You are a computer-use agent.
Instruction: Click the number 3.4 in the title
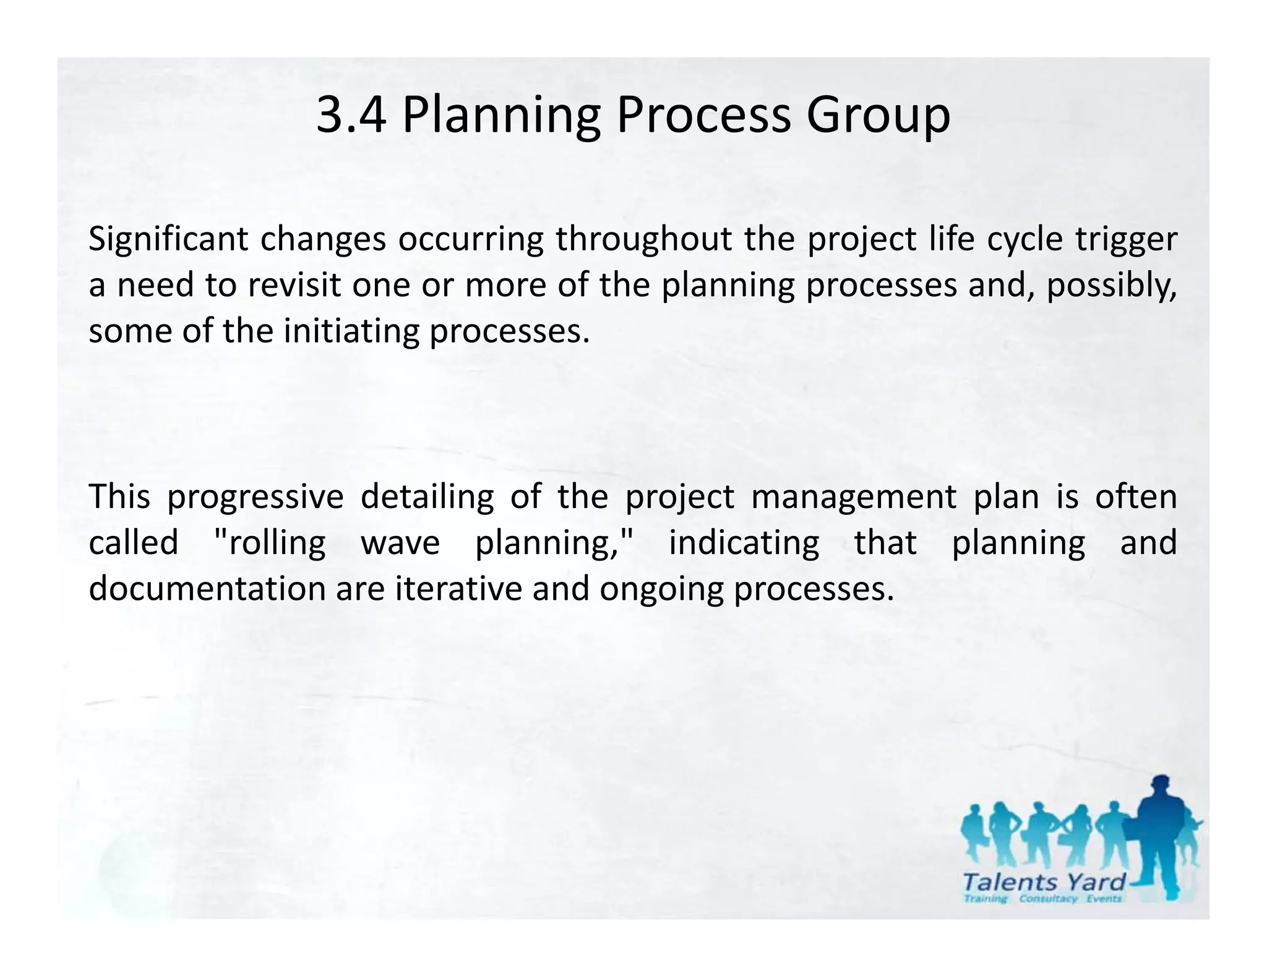point(350,116)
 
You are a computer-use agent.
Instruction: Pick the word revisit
point(293,285)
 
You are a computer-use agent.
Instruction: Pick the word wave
point(400,543)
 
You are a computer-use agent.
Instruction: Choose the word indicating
point(744,543)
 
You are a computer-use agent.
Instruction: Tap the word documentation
point(206,589)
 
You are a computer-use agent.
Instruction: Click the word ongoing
point(661,589)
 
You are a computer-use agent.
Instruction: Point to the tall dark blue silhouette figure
point(1161,835)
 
